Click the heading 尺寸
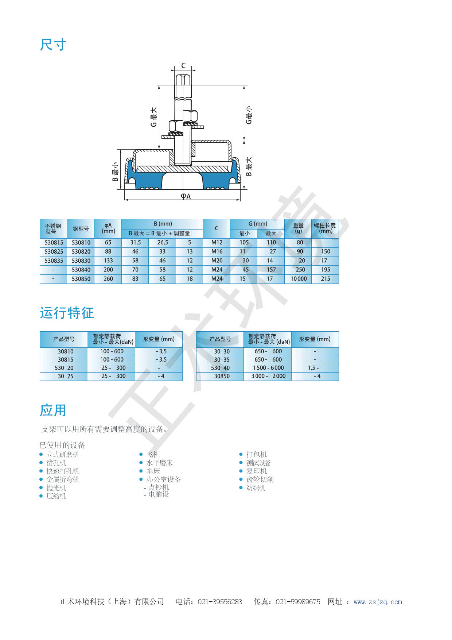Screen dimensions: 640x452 pos(53,45)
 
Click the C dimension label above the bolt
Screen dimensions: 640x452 pos(183,66)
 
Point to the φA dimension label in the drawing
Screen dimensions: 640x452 pos(186,196)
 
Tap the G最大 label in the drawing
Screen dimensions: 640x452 pos(154,117)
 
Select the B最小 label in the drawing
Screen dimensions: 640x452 pos(115,172)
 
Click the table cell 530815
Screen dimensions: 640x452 pos(54,243)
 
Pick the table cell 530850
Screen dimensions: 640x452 pos(81,279)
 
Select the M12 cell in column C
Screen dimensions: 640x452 pos(217,243)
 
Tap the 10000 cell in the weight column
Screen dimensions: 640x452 pos(299,279)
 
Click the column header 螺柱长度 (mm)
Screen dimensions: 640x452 pos(325,228)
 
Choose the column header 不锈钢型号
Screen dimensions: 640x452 pos(53,229)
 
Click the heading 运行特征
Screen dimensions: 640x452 pos(67,313)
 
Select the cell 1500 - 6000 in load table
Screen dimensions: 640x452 pos(268,368)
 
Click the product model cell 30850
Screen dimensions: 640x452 pos(222,376)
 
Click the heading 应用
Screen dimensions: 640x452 pos(53,410)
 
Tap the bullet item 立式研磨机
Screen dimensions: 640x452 pos(63,454)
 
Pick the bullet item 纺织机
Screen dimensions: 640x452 pos(256,488)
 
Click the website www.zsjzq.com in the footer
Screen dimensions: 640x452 pos(378,602)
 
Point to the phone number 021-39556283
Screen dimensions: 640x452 pos(220,602)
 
